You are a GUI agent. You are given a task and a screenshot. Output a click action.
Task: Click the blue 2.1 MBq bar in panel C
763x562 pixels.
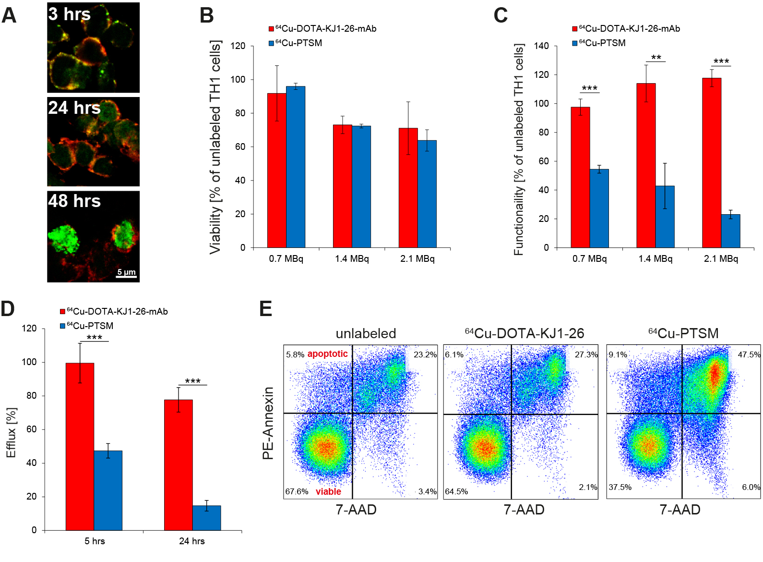[x=730, y=231]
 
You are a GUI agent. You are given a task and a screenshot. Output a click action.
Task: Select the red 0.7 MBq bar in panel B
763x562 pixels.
[x=277, y=171]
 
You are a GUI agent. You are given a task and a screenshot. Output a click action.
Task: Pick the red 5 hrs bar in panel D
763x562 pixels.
[x=80, y=447]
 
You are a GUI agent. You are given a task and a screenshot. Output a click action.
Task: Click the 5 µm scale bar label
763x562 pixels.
[x=127, y=272]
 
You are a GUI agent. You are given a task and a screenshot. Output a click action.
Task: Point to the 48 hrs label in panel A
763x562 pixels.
[x=74, y=201]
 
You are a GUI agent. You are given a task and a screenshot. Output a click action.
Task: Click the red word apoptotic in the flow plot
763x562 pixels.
[x=327, y=354]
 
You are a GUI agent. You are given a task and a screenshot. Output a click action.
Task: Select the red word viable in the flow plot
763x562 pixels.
[x=328, y=491]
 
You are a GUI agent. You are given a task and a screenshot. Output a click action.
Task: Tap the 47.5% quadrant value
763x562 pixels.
[x=749, y=354]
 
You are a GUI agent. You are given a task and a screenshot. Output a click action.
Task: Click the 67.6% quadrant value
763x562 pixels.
[x=297, y=491]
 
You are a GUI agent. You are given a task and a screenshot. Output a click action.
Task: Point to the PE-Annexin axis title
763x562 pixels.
[x=268, y=423]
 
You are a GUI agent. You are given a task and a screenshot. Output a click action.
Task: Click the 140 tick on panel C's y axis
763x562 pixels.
[x=541, y=46]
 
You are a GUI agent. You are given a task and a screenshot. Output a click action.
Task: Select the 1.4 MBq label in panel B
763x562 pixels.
[x=352, y=259]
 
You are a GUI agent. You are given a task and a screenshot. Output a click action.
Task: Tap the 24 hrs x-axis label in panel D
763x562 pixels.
[x=192, y=541]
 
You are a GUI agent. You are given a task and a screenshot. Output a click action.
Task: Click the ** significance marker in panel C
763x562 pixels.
[x=656, y=58]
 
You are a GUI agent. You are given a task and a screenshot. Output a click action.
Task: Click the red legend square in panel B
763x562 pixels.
[x=271, y=29]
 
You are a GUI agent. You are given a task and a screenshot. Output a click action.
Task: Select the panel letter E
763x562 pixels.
[x=266, y=308]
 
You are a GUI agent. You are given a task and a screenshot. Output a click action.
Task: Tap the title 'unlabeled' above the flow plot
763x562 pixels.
[x=366, y=333]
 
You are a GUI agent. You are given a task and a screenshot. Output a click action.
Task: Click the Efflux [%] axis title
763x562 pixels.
[x=11, y=432]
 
